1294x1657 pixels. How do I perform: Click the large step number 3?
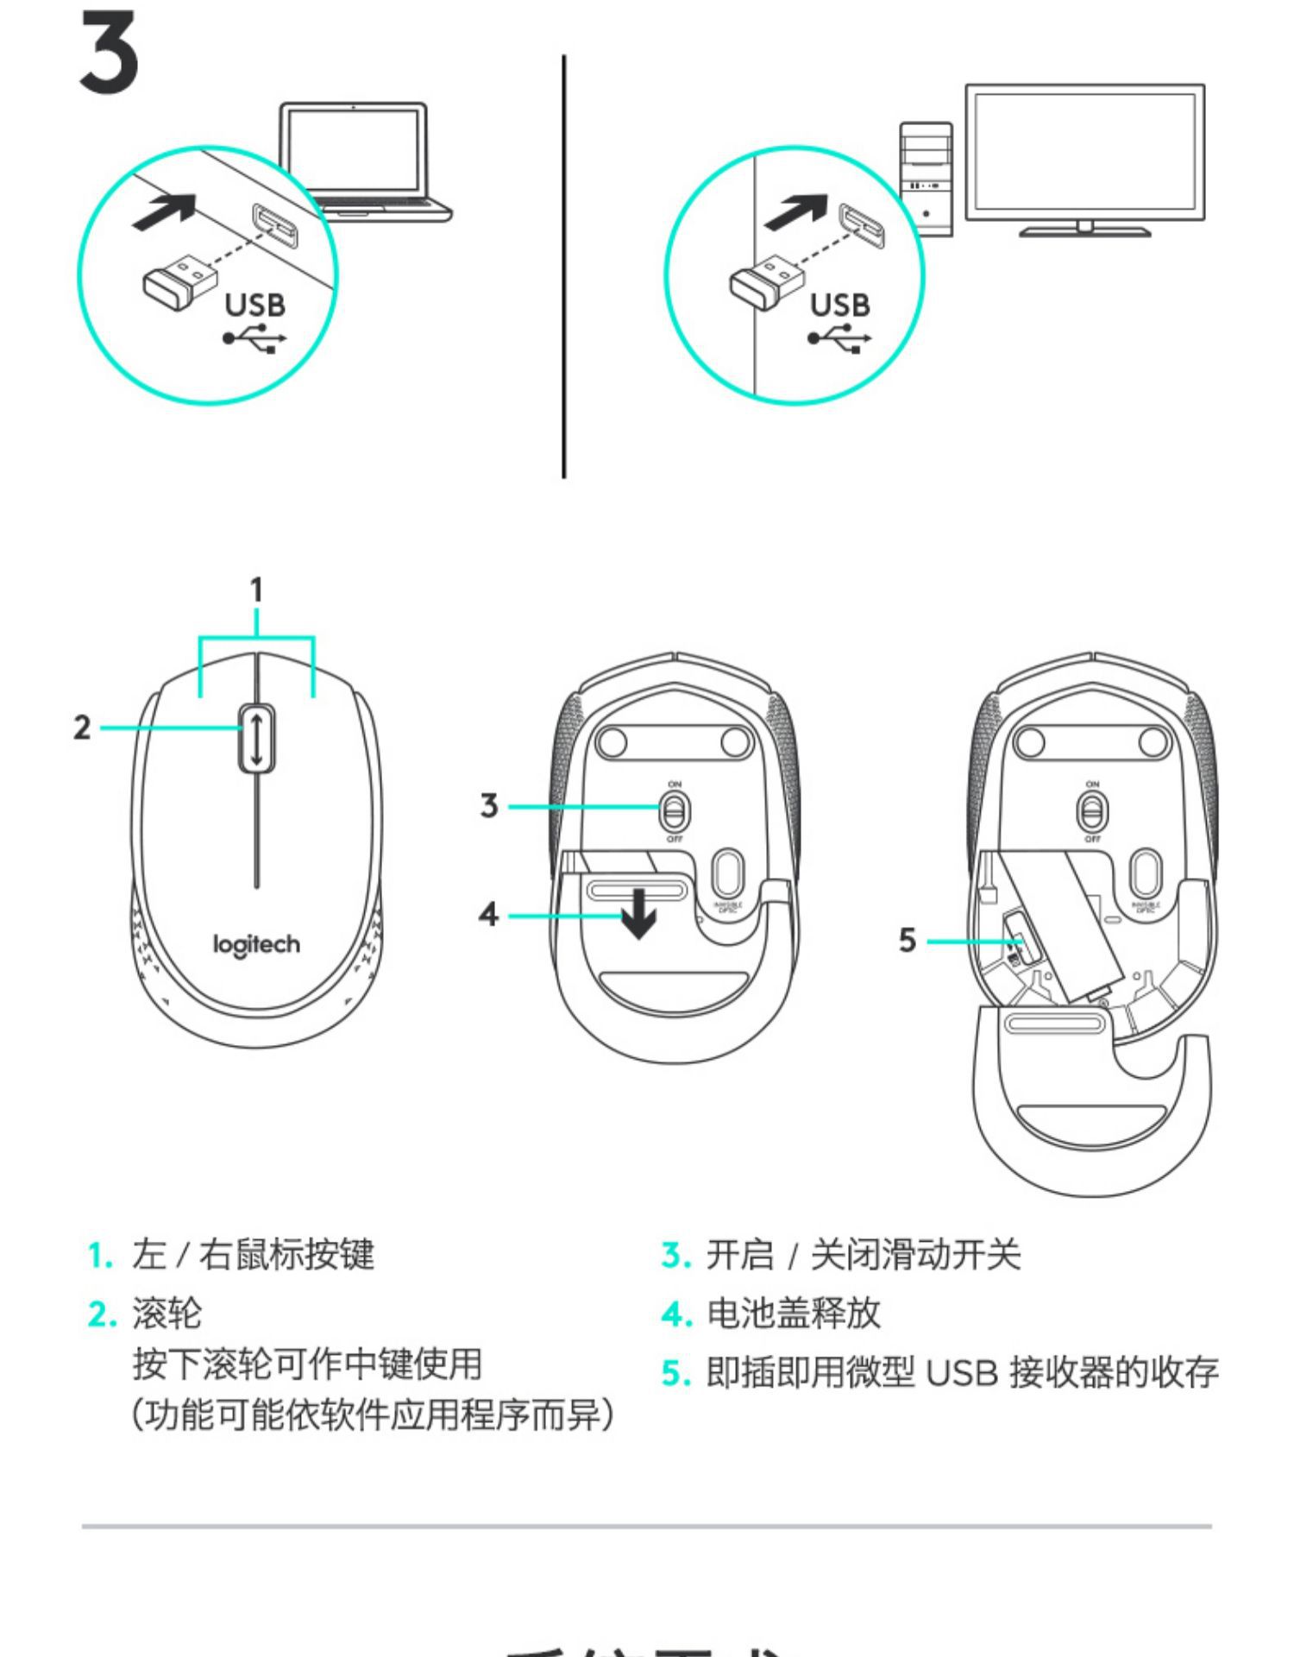(x=109, y=54)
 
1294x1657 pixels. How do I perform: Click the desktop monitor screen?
(x=1084, y=152)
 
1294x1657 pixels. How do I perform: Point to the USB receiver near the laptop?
(x=179, y=278)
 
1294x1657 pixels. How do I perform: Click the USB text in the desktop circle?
(x=839, y=306)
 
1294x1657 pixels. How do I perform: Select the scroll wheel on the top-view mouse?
(x=257, y=738)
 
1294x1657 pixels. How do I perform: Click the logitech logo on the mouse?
(x=257, y=945)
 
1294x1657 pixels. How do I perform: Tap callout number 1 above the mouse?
(x=256, y=591)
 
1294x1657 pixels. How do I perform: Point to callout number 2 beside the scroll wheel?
(x=82, y=728)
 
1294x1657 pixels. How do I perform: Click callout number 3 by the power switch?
(x=489, y=806)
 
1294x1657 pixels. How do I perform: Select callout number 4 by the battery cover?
(x=489, y=914)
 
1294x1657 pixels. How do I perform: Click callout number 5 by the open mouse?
(x=907, y=940)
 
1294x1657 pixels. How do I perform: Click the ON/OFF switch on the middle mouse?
(x=675, y=811)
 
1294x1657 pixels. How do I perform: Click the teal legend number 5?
(x=676, y=1373)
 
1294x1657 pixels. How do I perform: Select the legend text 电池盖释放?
(x=794, y=1314)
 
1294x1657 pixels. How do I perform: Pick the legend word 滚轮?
(x=166, y=1314)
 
